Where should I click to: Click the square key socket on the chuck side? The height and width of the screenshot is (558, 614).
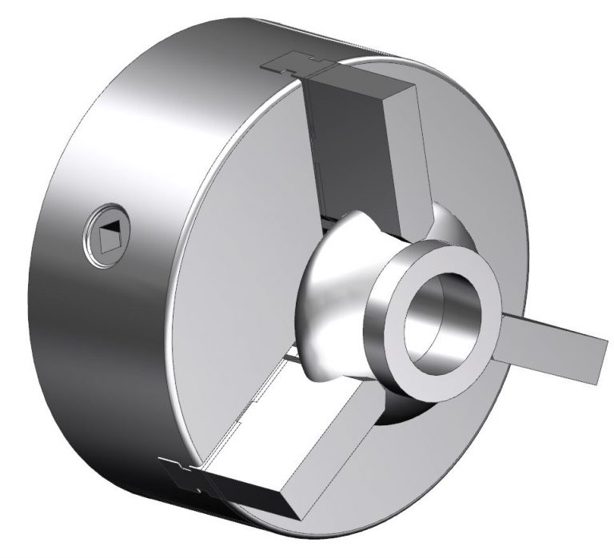click(107, 234)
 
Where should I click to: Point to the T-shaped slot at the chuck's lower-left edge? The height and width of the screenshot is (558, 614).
click(185, 474)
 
